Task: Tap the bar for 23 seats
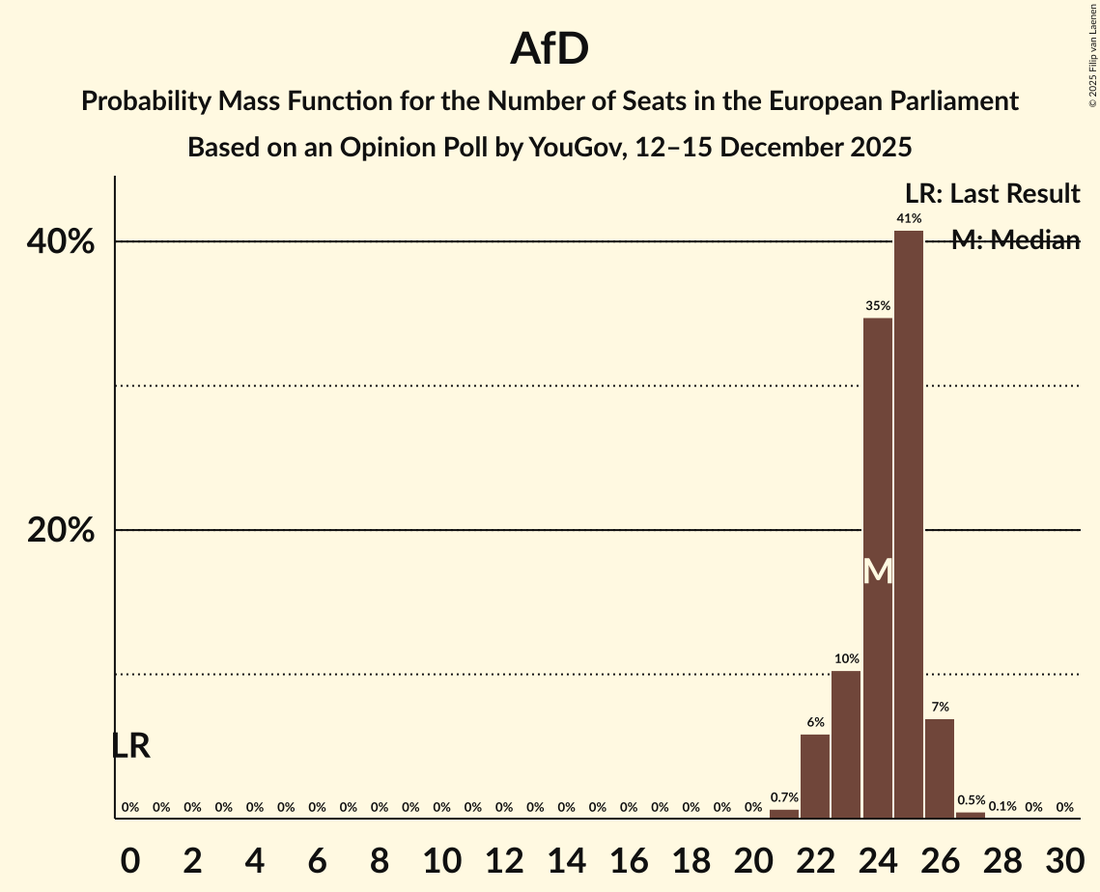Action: (846, 744)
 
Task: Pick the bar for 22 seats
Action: (815, 776)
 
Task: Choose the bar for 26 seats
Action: (940, 768)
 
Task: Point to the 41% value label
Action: (909, 219)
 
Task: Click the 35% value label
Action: (877, 306)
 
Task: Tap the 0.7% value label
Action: (784, 798)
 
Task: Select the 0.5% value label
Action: (971, 800)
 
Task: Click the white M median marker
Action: (877, 571)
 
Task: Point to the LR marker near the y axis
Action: (130, 746)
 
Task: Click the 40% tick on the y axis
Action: (61, 241)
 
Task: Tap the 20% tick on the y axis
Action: (61, 531)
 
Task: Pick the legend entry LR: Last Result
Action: (992, 194)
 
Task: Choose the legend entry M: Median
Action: (1015, 241)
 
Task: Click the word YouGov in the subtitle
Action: (571, 148)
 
